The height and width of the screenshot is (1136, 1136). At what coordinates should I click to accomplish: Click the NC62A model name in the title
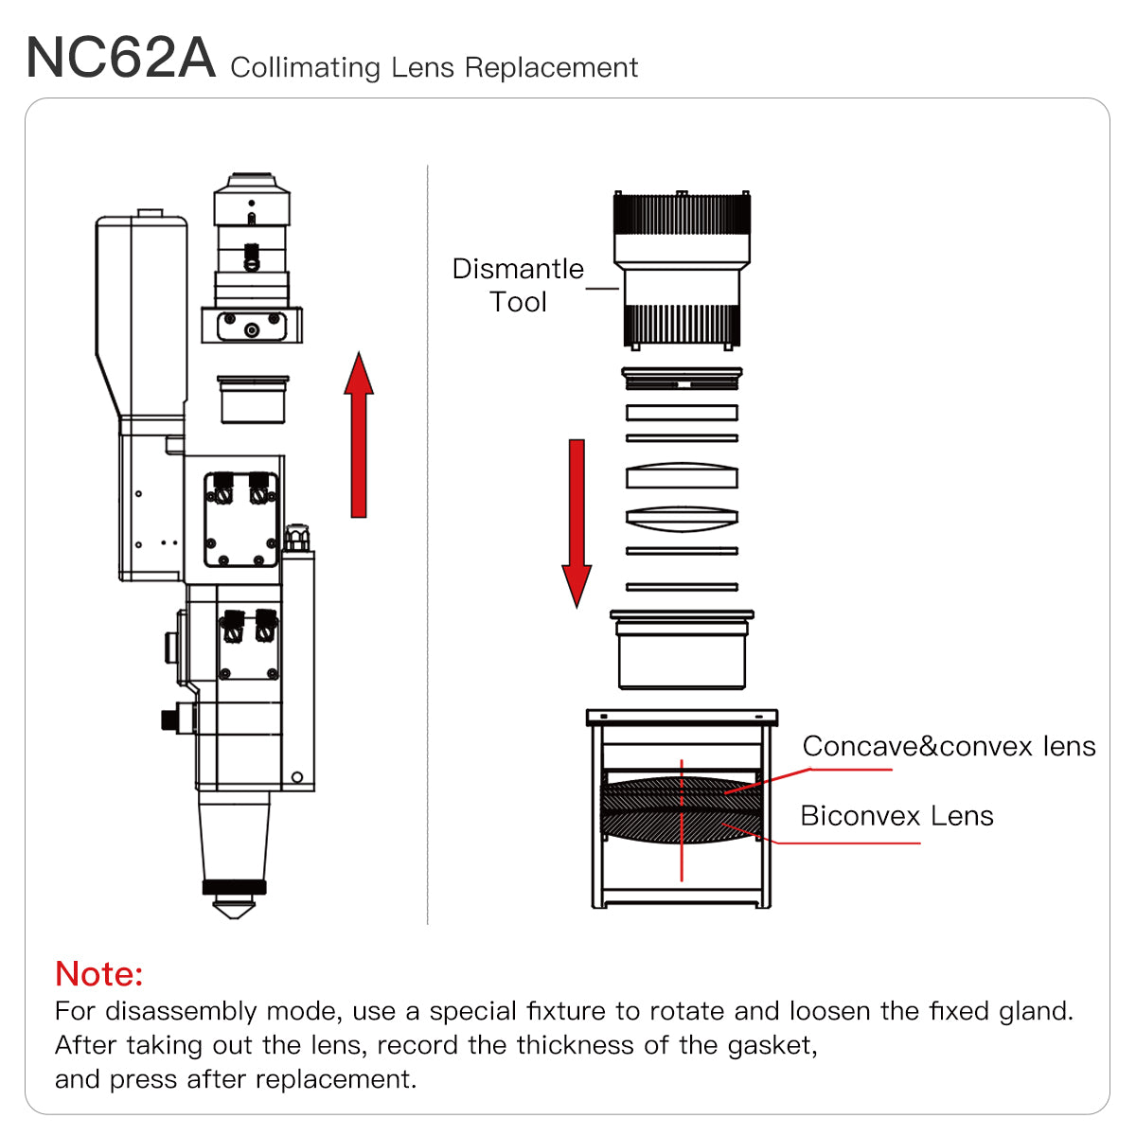121,59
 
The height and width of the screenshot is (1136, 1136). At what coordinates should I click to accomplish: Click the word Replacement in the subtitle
551,68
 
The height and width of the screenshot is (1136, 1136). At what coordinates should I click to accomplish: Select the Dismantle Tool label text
518,285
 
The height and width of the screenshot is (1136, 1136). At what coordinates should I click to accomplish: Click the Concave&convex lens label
949,747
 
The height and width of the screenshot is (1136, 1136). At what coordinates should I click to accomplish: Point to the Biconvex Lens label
896,816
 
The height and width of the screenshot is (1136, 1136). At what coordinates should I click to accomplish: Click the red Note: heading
99,973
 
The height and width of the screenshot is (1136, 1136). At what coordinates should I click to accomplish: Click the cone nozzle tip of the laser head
234,907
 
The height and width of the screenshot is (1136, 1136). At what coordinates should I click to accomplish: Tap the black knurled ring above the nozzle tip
234,887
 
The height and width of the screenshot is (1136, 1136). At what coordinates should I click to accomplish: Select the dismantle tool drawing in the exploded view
682,270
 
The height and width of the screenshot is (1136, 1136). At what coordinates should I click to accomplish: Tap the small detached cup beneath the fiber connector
253,400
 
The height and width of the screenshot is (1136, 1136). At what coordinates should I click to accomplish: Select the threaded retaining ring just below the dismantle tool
682,379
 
